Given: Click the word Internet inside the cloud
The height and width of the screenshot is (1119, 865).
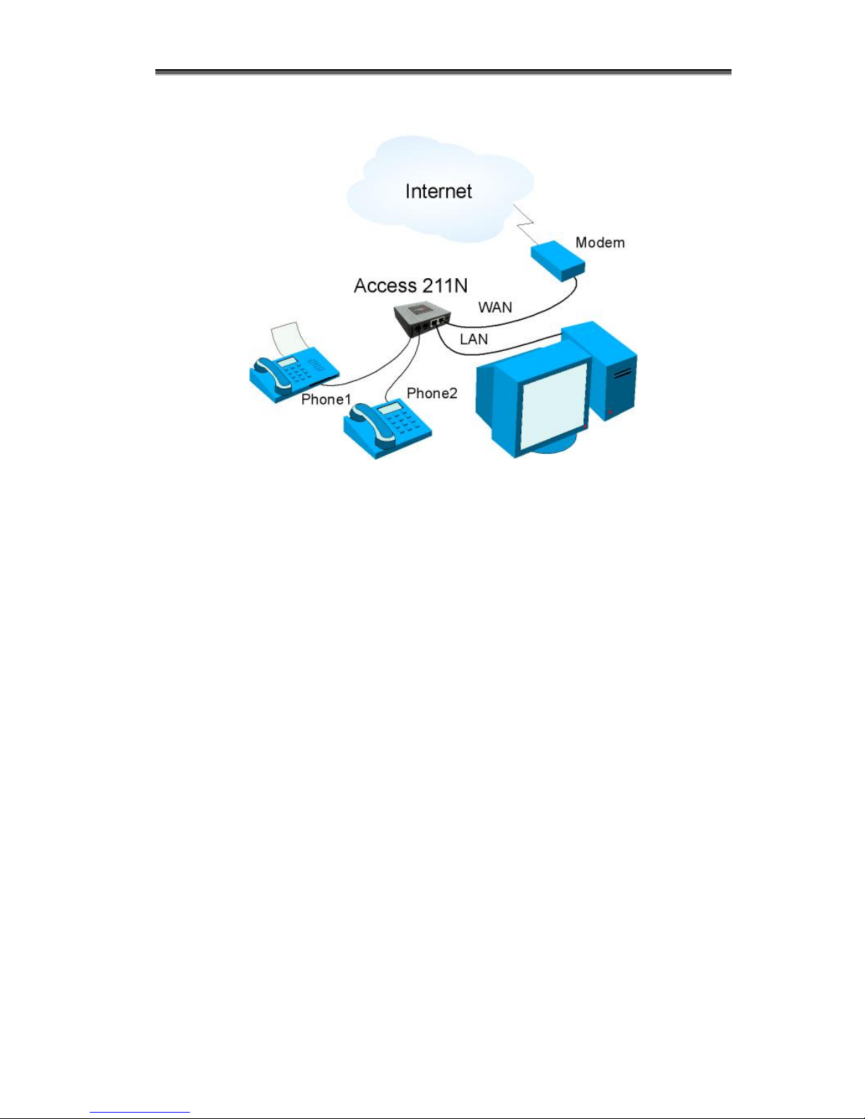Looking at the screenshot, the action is pyautogui.click(x=439, y=191).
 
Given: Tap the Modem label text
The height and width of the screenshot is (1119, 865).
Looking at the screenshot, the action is pyautogui.click(x=599, y=243).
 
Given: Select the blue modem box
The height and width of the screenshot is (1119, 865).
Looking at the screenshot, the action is pyautogui.click(x=558, y=261).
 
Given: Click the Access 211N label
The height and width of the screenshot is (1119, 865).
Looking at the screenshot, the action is pyautogui.click(x=410, y=285).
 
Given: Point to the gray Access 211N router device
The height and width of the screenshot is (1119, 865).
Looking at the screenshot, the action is pyautogui.click(x=422, y=320).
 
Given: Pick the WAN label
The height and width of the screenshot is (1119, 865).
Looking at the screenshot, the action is pyautogui.click(x=495, y=307).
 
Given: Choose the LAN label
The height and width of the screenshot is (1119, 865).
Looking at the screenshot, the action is pyautogui.click(x=474, y=339).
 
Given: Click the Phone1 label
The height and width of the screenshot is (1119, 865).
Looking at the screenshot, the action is pyautogui.click(x=326, y=399).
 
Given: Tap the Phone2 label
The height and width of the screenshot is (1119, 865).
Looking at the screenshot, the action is pyautogui.click(x=431, y=393).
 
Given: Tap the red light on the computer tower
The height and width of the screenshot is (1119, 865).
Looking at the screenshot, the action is pyautogui.click(x=610, y=412).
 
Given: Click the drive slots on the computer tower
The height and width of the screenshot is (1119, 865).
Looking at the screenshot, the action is pyautogui.click(x=622, y=373).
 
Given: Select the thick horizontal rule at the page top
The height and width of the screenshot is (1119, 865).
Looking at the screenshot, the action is pyautogui.click(x=443, y=72).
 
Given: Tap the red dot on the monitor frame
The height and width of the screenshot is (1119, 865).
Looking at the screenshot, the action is pyautogui.click(x=585, y=426).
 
